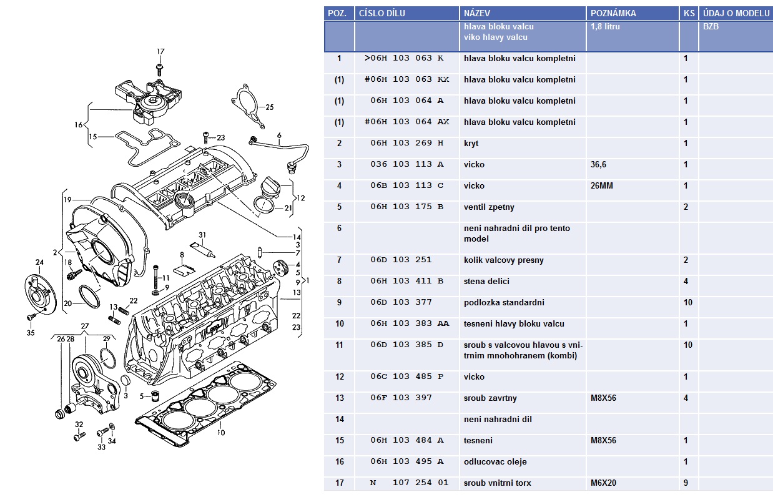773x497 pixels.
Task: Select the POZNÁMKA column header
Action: (x=613, y=13)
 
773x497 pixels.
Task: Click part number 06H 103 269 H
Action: (x=406, y=143)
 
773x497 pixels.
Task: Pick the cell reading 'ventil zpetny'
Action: (x=489, y=207)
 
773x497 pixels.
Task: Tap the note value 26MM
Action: (x=603, y=185)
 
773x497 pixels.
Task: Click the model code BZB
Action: (x=711, y=27)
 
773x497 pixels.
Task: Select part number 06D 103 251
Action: (x=400, y=260)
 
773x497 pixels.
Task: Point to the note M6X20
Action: (x=603, y=483)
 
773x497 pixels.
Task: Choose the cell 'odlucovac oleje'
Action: (x=495, y=461)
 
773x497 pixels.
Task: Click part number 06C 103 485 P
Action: (x=406, y=376)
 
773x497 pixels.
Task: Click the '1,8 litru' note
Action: (x=605, y=27)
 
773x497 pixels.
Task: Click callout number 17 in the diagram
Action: (x=160, y=51)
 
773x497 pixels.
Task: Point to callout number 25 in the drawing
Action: (x=270, y=107)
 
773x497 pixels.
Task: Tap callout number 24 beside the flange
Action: (x=39, y=262)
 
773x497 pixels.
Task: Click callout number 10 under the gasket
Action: (x=221, y=432)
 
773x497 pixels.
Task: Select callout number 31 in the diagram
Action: (x=202, y=234)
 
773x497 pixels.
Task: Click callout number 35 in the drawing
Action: (x=31, y=333)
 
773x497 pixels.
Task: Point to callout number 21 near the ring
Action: (x=288, y=208)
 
